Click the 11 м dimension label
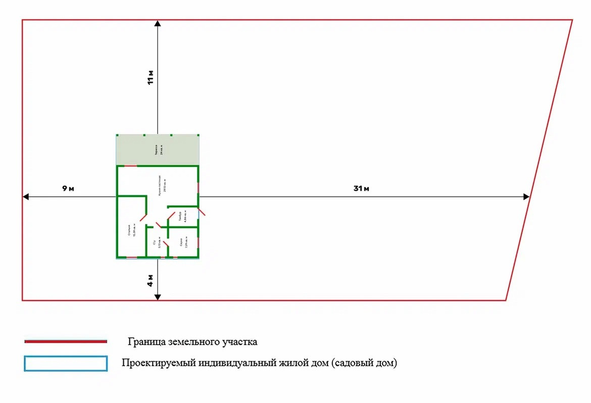(x=151, y=78)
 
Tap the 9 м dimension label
(x=68, y=189)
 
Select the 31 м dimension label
(x=361, y=189)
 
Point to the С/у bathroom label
(x=156, y=243)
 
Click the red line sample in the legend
(x=66, y=341)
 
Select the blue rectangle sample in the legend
(x=66, y=363)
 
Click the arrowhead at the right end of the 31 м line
(x=527, y=196)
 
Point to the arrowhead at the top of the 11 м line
(x=158, y=23)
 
